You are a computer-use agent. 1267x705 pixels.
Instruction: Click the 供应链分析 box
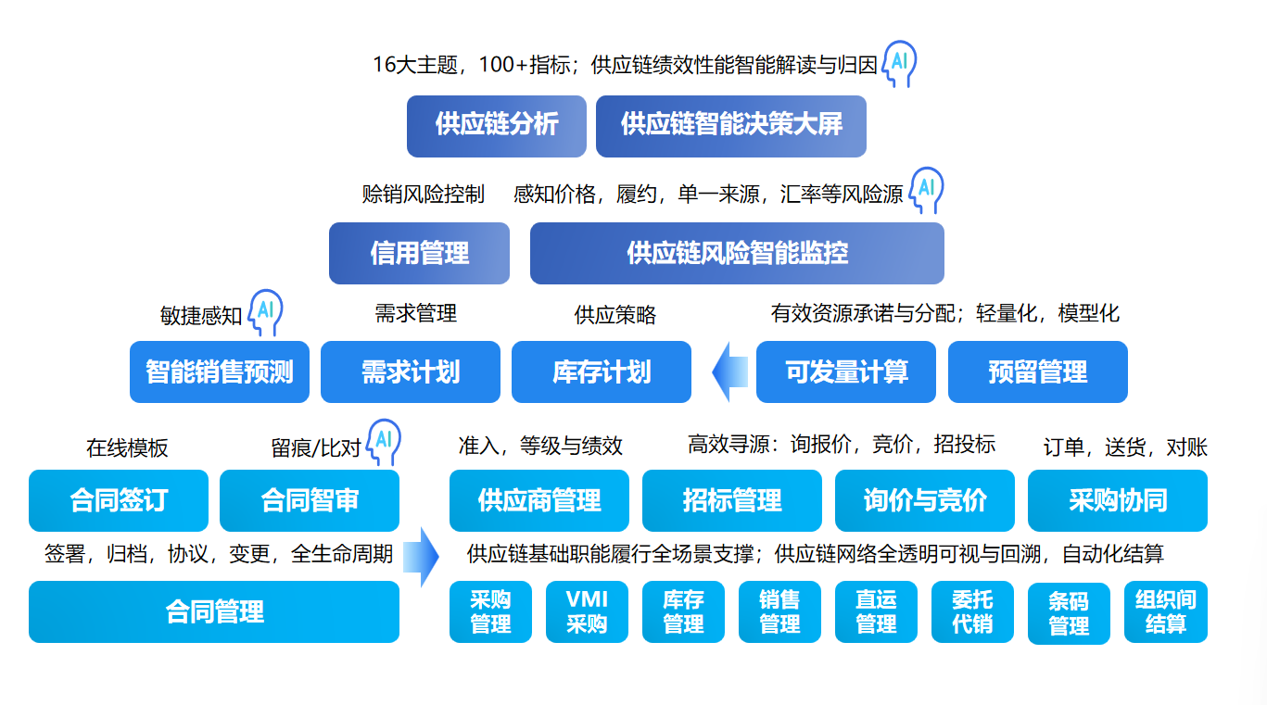(496, 126)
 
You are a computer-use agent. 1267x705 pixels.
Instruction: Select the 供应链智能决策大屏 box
(730, 126)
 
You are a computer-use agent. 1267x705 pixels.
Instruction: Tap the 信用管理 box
(419, 253)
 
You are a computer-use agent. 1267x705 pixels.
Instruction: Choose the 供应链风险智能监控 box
(737, 253)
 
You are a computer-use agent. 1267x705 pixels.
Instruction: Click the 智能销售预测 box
(219, 372)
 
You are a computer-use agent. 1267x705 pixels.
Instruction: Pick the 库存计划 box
(601, 372)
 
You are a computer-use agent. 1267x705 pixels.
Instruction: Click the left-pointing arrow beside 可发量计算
(729, 372)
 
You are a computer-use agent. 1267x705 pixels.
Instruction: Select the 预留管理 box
(1037, 372)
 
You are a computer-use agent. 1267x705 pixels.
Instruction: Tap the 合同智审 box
(309, 500)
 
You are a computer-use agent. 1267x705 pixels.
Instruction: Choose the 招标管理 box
(731, 500)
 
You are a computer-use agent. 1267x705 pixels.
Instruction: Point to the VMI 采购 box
(587, 612)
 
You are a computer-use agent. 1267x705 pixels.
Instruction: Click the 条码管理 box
(1068, 613)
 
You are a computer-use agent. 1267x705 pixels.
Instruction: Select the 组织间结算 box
(1165, 612)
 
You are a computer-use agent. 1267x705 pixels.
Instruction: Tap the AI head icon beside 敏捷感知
(266, 310)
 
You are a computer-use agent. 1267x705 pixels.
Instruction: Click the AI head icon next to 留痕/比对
(384, 442)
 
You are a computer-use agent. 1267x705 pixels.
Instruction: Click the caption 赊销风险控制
(423, 195)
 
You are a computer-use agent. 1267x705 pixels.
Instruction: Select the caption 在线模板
(127, 448)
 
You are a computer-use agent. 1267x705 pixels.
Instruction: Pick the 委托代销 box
(972, 612)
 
